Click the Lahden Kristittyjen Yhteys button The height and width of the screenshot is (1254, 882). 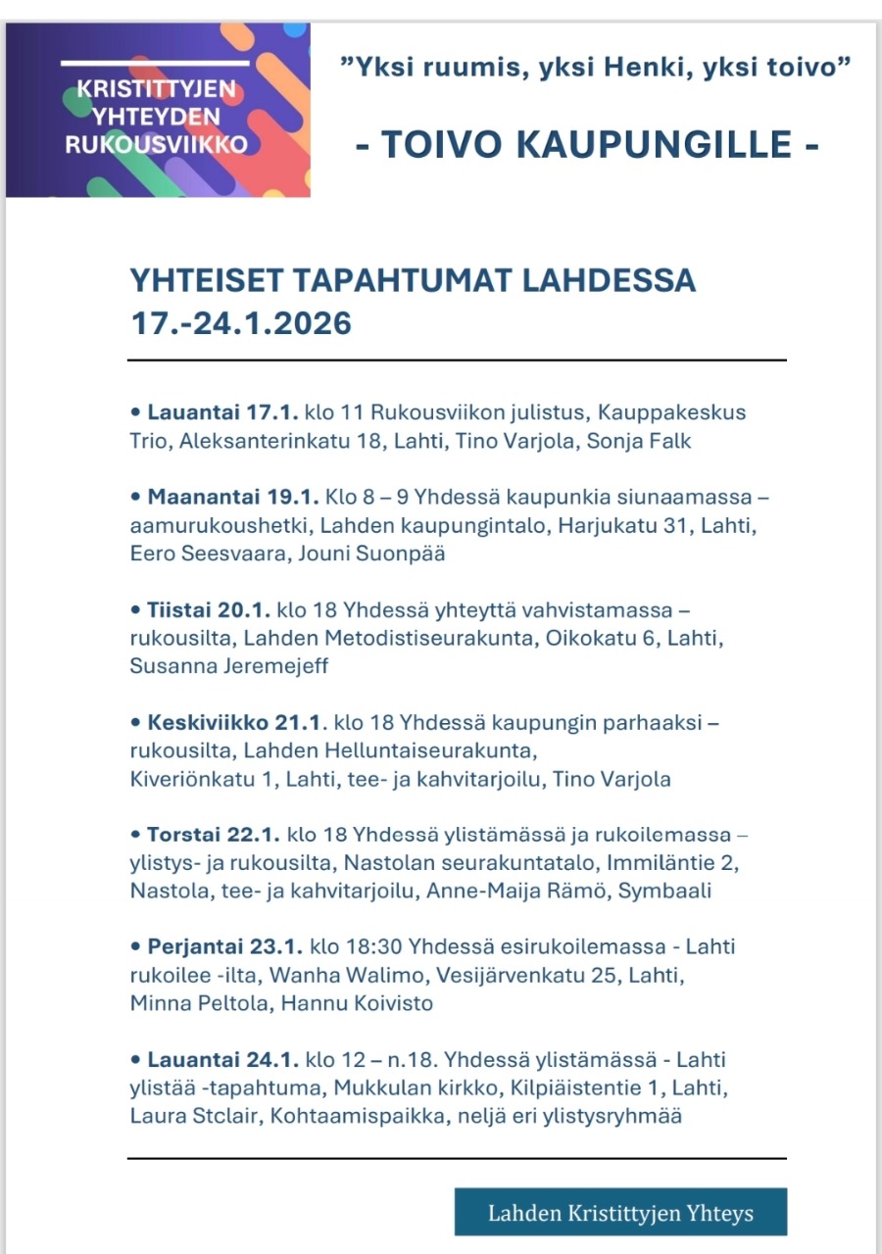click(620, 1213)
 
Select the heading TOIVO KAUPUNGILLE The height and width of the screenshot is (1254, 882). click(586, 145)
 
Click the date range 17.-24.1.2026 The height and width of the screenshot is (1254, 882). click(241, 323)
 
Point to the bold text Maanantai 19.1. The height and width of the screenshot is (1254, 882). click(208, 498)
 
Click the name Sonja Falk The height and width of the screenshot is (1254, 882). click(639, 441)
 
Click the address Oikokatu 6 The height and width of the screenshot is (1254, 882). click(597, 639)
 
